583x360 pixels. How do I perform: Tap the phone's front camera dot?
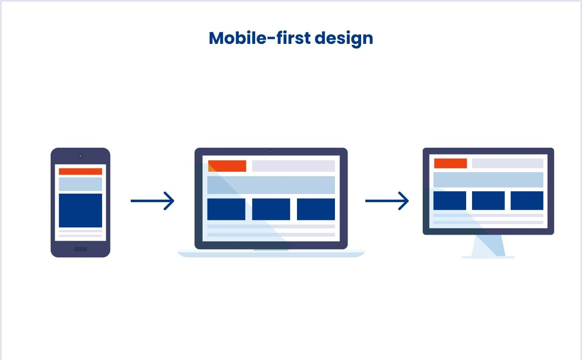[x=81, y=156]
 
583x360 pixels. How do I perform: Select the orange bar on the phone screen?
[x=81, y=171]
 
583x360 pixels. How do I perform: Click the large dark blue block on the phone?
[x=81, y=210]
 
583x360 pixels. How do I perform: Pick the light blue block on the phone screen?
[x=81, y=184]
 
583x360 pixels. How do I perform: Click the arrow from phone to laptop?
[x=153, y=201]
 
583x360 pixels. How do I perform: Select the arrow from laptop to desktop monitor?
[x=387, y=201]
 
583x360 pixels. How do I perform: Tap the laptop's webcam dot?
[x=271, y=152]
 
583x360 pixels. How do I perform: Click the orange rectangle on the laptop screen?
[x=227, y=166]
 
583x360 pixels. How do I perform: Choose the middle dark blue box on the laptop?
[x=271, y=209]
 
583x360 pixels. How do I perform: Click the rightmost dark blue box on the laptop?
[x=316, y=209]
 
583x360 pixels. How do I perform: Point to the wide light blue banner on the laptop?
[x=271, y=185]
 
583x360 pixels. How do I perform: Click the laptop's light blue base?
[x=271, y=253]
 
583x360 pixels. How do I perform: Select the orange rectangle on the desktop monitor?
[x=451, y=163]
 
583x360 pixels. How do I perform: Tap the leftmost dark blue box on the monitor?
[x=450, y=200]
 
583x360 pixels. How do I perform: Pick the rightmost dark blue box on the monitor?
[x=527, y=200]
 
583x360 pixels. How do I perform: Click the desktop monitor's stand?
[x=488, y=247]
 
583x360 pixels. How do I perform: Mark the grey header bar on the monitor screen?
[x=507, y=163]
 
